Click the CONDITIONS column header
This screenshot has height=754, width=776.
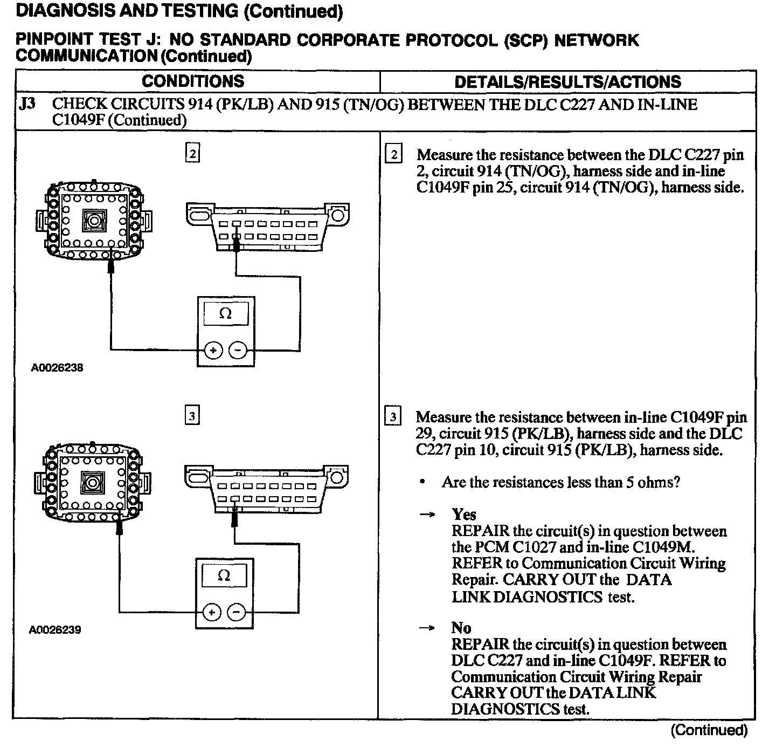pos(193,81)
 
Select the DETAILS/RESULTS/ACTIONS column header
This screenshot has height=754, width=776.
pos(567,82)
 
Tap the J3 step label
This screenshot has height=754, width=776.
pos(27,104)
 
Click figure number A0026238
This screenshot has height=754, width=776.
pos(57,368)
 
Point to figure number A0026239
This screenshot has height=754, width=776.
pos(56,629)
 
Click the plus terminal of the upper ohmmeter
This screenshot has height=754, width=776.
pos(213,351)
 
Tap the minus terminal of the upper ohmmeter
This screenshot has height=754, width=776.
pos(237,351)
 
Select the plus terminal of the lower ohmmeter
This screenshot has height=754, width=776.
pos(212,612)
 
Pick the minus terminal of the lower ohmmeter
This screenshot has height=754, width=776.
pos(236,612)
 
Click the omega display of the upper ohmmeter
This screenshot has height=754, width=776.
pos(225,314)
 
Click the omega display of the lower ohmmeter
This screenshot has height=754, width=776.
pos(224,575)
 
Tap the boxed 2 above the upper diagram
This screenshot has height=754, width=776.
pos(192,154)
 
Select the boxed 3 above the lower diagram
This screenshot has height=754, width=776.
pos(192,416)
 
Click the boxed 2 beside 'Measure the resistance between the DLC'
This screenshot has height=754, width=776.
pos(393,155)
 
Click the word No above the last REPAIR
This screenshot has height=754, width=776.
pos(461,628)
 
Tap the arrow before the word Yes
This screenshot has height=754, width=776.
pos(427,515)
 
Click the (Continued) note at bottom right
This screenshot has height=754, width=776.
pos(709,730)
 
